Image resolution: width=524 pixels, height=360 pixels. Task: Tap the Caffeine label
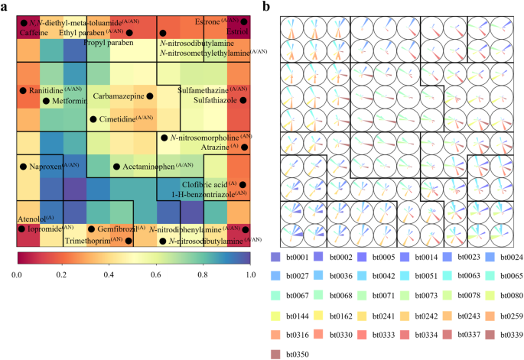[34, 34]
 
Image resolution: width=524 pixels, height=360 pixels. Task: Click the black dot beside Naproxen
[24, 166]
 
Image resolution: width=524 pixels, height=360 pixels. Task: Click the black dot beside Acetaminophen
[116, 166]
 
